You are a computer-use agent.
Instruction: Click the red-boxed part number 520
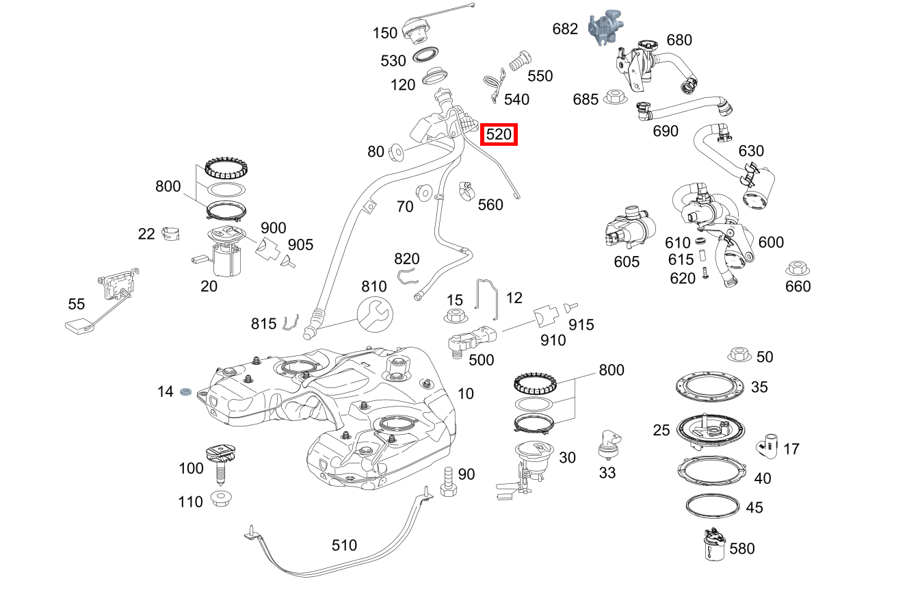click(x=499, y=135)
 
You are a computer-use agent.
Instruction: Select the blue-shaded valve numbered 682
click(x=601, y=29)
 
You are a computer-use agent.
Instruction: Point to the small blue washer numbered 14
click(x=185, y=392)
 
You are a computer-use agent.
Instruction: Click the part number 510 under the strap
click(x=344, y=546)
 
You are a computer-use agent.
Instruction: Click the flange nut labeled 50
click(x=739, y=355)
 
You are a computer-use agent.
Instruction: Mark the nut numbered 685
click(x=614, y=98)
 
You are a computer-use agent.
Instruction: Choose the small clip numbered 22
click(x=172, y=233)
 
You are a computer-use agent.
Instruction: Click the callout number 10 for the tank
click(x=465, y=394)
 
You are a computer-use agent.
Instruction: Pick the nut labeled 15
click(x=455, y=316)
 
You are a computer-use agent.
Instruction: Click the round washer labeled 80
click(x=395, y=151)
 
